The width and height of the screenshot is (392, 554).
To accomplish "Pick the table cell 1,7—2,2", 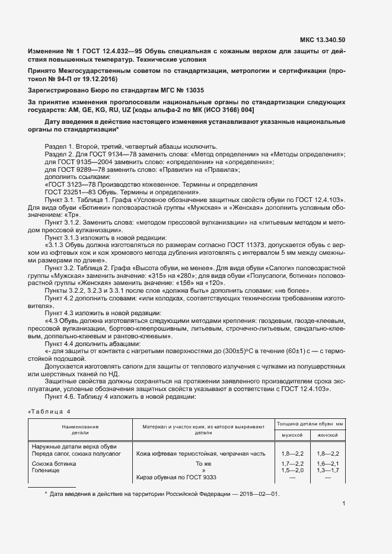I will click(x=292, y=463).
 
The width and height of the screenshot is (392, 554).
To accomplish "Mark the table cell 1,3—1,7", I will click(x=327, y=470).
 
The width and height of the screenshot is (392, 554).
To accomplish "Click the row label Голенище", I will click(x=45, y=470).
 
